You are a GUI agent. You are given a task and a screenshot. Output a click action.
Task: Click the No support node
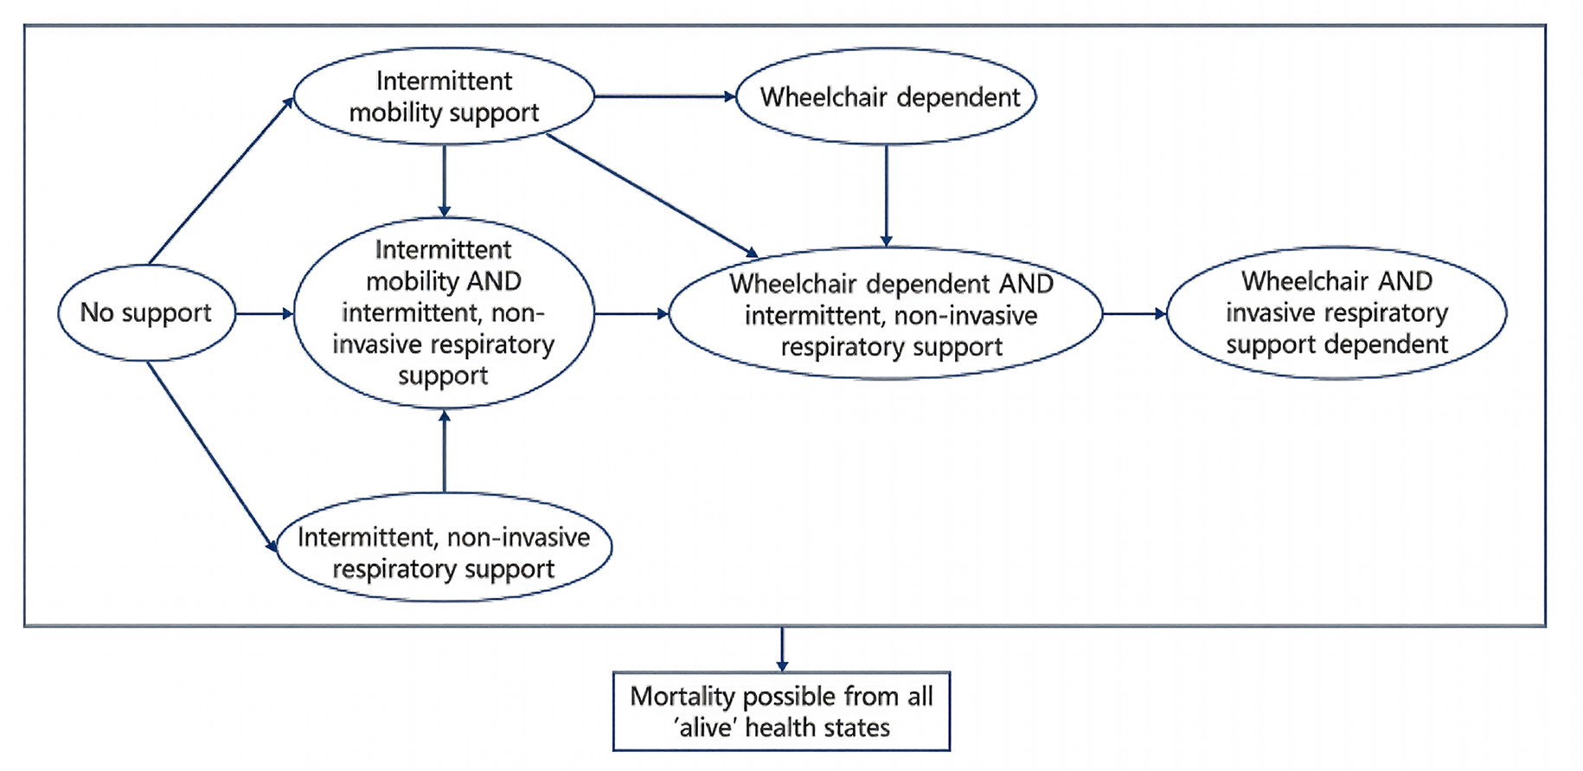[x=146, y=312]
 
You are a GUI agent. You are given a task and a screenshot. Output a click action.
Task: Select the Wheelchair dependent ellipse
[x=885, y=96]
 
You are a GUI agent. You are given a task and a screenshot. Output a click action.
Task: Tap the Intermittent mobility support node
[x=444, y=96]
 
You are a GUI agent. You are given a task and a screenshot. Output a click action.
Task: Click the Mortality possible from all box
[x=781, y=711]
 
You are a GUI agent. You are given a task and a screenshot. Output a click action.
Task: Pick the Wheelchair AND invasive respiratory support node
[x=1336, y=312]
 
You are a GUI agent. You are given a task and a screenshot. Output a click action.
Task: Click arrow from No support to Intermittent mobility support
[x=221, y=181]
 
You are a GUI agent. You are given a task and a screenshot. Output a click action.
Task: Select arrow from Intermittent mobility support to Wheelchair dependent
[x=664, y=96]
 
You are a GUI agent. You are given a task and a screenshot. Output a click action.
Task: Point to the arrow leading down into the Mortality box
[x=782, y=649]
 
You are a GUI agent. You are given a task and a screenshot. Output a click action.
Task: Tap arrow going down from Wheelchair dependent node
[x=886, y=196]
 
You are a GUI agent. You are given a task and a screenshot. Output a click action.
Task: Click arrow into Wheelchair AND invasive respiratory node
[x=1134, y=313]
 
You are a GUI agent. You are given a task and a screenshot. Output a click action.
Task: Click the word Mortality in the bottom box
[x=683, y=696]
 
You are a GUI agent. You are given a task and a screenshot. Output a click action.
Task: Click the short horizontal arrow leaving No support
[x=264, y=313]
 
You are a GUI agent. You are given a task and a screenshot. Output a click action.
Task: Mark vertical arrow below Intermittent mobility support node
[x=445, y=181]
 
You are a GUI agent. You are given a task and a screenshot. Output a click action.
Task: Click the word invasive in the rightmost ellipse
[x=1268, y=312]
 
